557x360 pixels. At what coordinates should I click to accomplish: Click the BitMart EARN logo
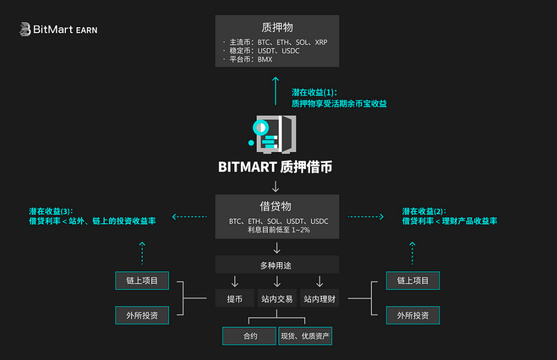pos(58,29)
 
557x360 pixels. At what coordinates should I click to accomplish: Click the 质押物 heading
pos(277,27)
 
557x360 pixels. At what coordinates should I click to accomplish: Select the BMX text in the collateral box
pos(265,59)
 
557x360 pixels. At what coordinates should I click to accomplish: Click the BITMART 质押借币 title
pos(275,167)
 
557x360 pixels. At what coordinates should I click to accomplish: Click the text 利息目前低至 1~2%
pos(278,230)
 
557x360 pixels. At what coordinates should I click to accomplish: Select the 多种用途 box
pos(277,265)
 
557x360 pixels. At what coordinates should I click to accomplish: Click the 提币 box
pos(234,298)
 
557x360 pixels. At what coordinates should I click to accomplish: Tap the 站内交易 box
pos(277,298)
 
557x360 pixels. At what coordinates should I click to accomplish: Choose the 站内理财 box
pos(320,298)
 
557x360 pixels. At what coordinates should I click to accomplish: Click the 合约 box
pos(250,336)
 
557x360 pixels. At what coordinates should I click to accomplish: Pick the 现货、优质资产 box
pos(305,336)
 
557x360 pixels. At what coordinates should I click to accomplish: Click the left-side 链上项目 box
pos(142,280)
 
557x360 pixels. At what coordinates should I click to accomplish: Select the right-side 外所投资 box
pos(413,315)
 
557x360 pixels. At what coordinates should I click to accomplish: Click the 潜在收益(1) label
pos(313,92)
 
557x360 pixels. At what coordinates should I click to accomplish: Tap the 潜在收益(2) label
pos(424,211)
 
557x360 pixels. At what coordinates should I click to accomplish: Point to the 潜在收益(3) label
pos(51,211)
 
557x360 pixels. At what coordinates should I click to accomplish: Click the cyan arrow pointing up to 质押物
pos(275,89)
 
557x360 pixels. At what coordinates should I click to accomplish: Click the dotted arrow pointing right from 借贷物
pos(366,216)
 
